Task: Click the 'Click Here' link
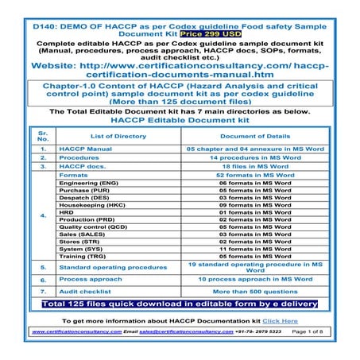click(281, 321)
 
